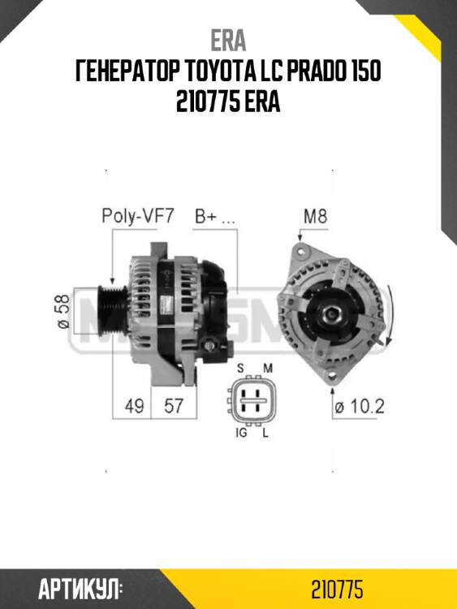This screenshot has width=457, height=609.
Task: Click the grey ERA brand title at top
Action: pos(228,40)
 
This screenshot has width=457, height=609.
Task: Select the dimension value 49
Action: pos(135,406)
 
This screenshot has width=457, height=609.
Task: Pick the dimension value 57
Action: pos(172,406)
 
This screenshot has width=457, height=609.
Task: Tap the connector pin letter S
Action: pos(241,368)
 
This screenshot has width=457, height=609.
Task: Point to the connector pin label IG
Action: pos(241,435)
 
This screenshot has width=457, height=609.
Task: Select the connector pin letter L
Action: pos(265,435)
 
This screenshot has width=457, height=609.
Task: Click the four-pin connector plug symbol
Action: pos(253,400)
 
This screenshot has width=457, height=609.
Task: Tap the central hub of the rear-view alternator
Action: pos(334,311)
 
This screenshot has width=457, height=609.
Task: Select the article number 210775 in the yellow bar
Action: pos(336,588)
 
